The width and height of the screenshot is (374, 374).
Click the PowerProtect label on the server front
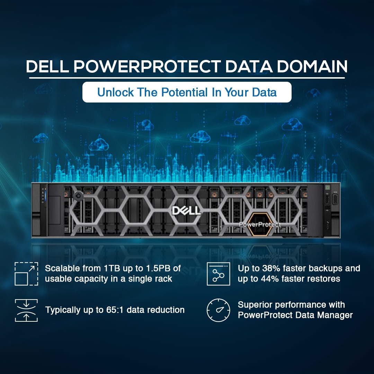tap(260, 225)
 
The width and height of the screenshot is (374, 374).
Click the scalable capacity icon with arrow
tap(26, 274)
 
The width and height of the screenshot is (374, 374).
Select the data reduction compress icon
tap(26, 310)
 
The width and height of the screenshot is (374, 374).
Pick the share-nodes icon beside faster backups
tap(219, 274)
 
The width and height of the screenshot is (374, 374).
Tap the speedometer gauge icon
tap(219, 310)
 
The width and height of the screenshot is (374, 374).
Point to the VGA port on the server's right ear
tap(336, 201)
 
